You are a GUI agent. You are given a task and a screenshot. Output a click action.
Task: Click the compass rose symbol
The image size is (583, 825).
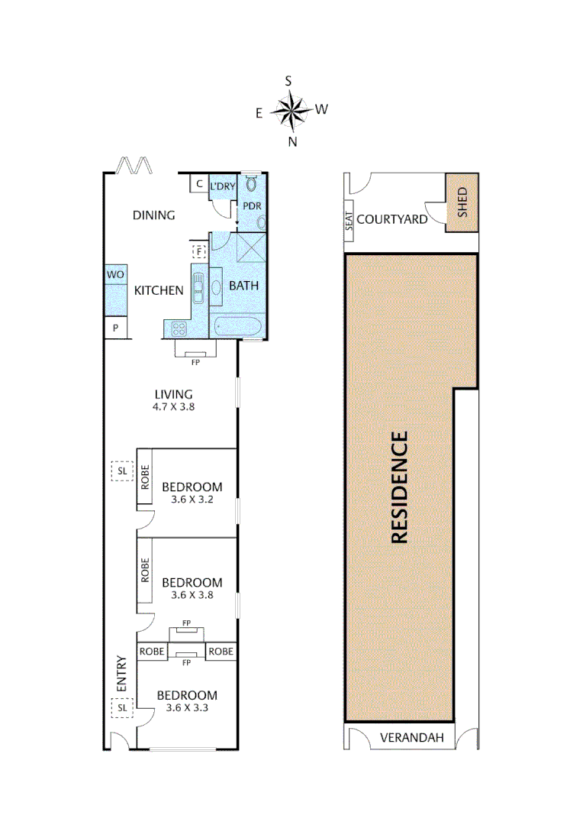[x=291, y=112]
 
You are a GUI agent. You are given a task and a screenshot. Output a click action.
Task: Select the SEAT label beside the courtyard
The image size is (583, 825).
[x=349, y=222]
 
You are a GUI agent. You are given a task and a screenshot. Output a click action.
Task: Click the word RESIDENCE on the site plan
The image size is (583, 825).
[x=400, y=487]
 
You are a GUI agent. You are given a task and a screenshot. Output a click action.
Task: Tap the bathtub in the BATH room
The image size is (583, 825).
[x=237, y=327]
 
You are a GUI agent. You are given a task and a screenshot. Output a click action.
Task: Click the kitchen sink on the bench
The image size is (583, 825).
[x=198, y=289]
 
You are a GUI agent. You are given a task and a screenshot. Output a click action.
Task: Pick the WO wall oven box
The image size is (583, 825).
[x=115, y=274]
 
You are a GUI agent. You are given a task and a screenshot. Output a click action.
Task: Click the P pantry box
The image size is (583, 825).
[x=115, y=328]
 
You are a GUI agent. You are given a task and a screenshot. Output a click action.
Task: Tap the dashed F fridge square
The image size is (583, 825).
[x=198, y=251]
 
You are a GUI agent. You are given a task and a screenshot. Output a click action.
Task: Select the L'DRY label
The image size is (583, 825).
[x=222, y=186]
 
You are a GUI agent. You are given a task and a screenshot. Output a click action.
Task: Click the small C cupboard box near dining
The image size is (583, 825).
[x=198, y=184]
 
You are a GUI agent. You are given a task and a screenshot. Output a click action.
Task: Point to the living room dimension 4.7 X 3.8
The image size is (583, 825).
[x=172, y=407]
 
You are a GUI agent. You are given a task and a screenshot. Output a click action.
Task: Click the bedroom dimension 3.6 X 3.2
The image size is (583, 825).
[x=192, y=500]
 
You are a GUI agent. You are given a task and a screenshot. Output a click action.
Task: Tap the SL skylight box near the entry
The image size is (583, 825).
[x=121, y=709]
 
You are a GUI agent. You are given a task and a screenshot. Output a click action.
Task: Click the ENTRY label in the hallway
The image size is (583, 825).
[x=121, y=674]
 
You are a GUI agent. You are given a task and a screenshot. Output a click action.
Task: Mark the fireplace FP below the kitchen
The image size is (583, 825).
[x=195, y=349]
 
